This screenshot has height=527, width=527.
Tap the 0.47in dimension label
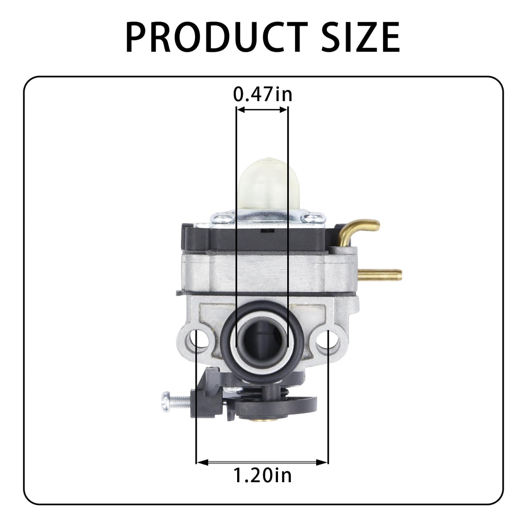(263, 94)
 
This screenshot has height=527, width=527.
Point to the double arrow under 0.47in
(262, 110)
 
